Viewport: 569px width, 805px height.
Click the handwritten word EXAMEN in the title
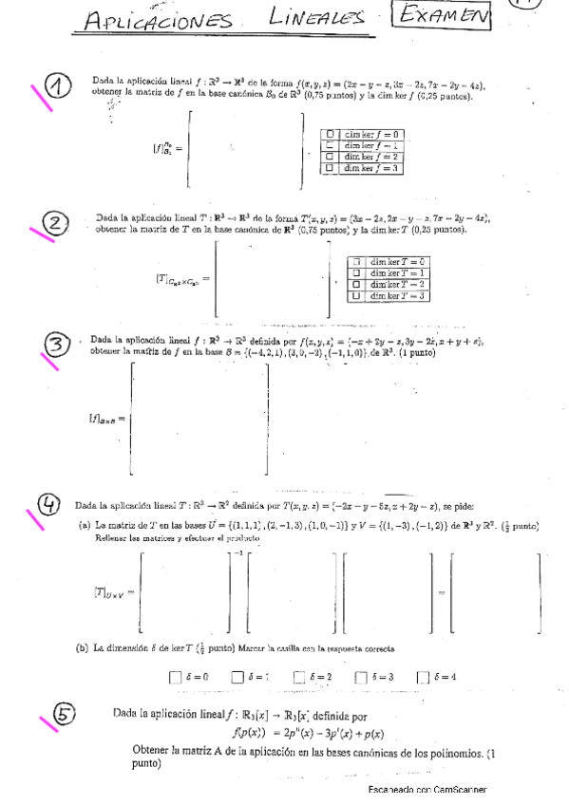pos(445,15)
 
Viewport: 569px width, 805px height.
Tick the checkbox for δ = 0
pos(174,677)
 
